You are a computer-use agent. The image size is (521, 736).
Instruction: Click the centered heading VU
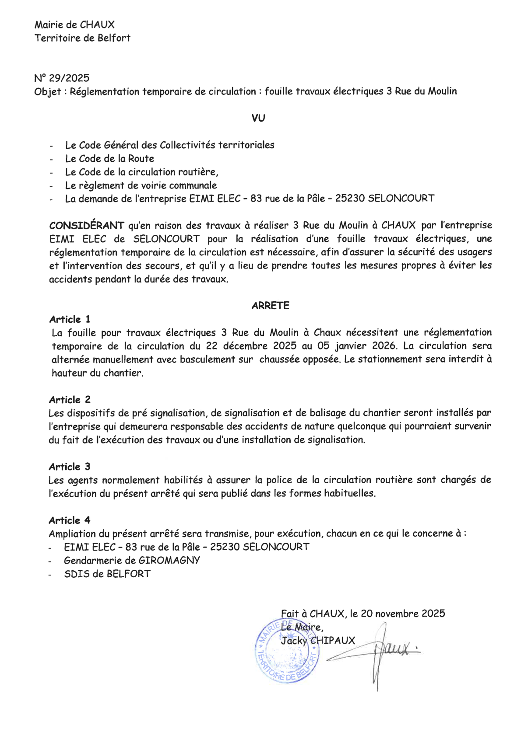pos(258,118)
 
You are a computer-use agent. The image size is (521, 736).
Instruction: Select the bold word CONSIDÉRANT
pos(87,226)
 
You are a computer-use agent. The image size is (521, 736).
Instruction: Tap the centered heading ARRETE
pos(270,306)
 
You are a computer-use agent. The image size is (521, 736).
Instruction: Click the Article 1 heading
pos(70,319)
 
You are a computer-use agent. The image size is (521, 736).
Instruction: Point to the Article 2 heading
pos(70,400)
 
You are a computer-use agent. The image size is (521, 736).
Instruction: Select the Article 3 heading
pos(70,467)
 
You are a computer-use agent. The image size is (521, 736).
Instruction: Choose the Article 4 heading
pos(70,520)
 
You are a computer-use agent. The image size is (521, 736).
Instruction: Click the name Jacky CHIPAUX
pos(318,641)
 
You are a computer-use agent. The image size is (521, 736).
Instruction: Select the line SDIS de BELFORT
pos(107,574)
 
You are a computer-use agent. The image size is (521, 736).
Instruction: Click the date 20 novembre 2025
pos(403,614)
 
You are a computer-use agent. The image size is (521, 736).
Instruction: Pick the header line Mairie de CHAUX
pos(74,25)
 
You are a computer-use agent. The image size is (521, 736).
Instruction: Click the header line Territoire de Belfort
pos(82,38)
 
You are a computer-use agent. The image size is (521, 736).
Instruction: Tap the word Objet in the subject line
pos(47,92)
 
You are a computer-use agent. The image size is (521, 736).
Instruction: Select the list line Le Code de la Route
pos(109,159)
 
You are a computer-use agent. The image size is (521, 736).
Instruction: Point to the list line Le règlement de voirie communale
pos(141,185)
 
